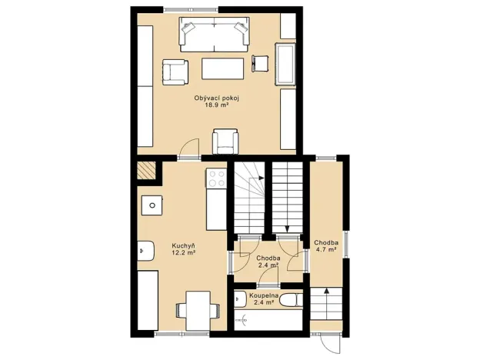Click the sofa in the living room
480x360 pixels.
215,34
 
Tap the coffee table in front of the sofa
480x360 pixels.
223,68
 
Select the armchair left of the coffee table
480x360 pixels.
175,72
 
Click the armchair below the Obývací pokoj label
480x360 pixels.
225,139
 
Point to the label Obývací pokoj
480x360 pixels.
216,98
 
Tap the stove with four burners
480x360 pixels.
216,178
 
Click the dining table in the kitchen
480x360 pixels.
198,310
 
